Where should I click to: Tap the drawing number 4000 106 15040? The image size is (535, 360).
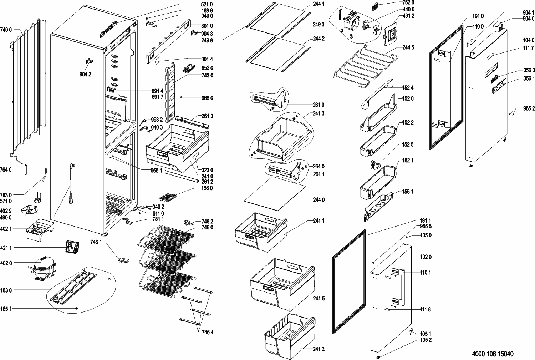point(492,354)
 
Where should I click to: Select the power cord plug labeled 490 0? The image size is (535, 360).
point(71,168)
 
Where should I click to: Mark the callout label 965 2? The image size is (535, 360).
point(529,109)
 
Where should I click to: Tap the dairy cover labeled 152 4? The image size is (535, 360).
point(376,96)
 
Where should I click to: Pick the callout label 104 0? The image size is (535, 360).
point(529,40)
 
